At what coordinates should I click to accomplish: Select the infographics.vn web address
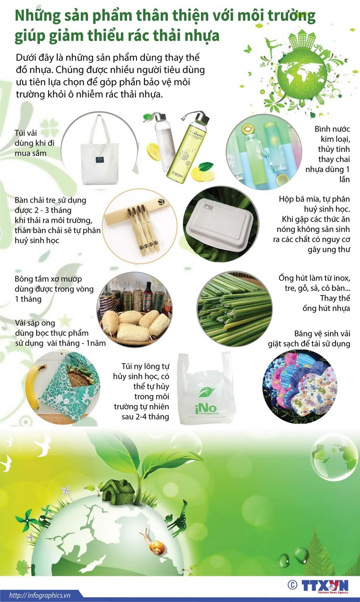[x=40, y=595]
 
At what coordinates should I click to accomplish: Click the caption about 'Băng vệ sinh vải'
[x=309, y=339]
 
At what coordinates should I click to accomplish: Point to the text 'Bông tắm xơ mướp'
[x=48, y=279]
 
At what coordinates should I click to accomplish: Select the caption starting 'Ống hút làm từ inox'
[x=314, y=293]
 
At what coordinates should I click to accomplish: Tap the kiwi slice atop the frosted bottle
[x=248, y=129]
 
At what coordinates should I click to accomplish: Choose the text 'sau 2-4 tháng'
[x=145, y=417]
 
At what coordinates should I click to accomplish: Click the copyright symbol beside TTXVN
[x=292, y=584]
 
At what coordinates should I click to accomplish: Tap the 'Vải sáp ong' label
[x=35, y=323]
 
